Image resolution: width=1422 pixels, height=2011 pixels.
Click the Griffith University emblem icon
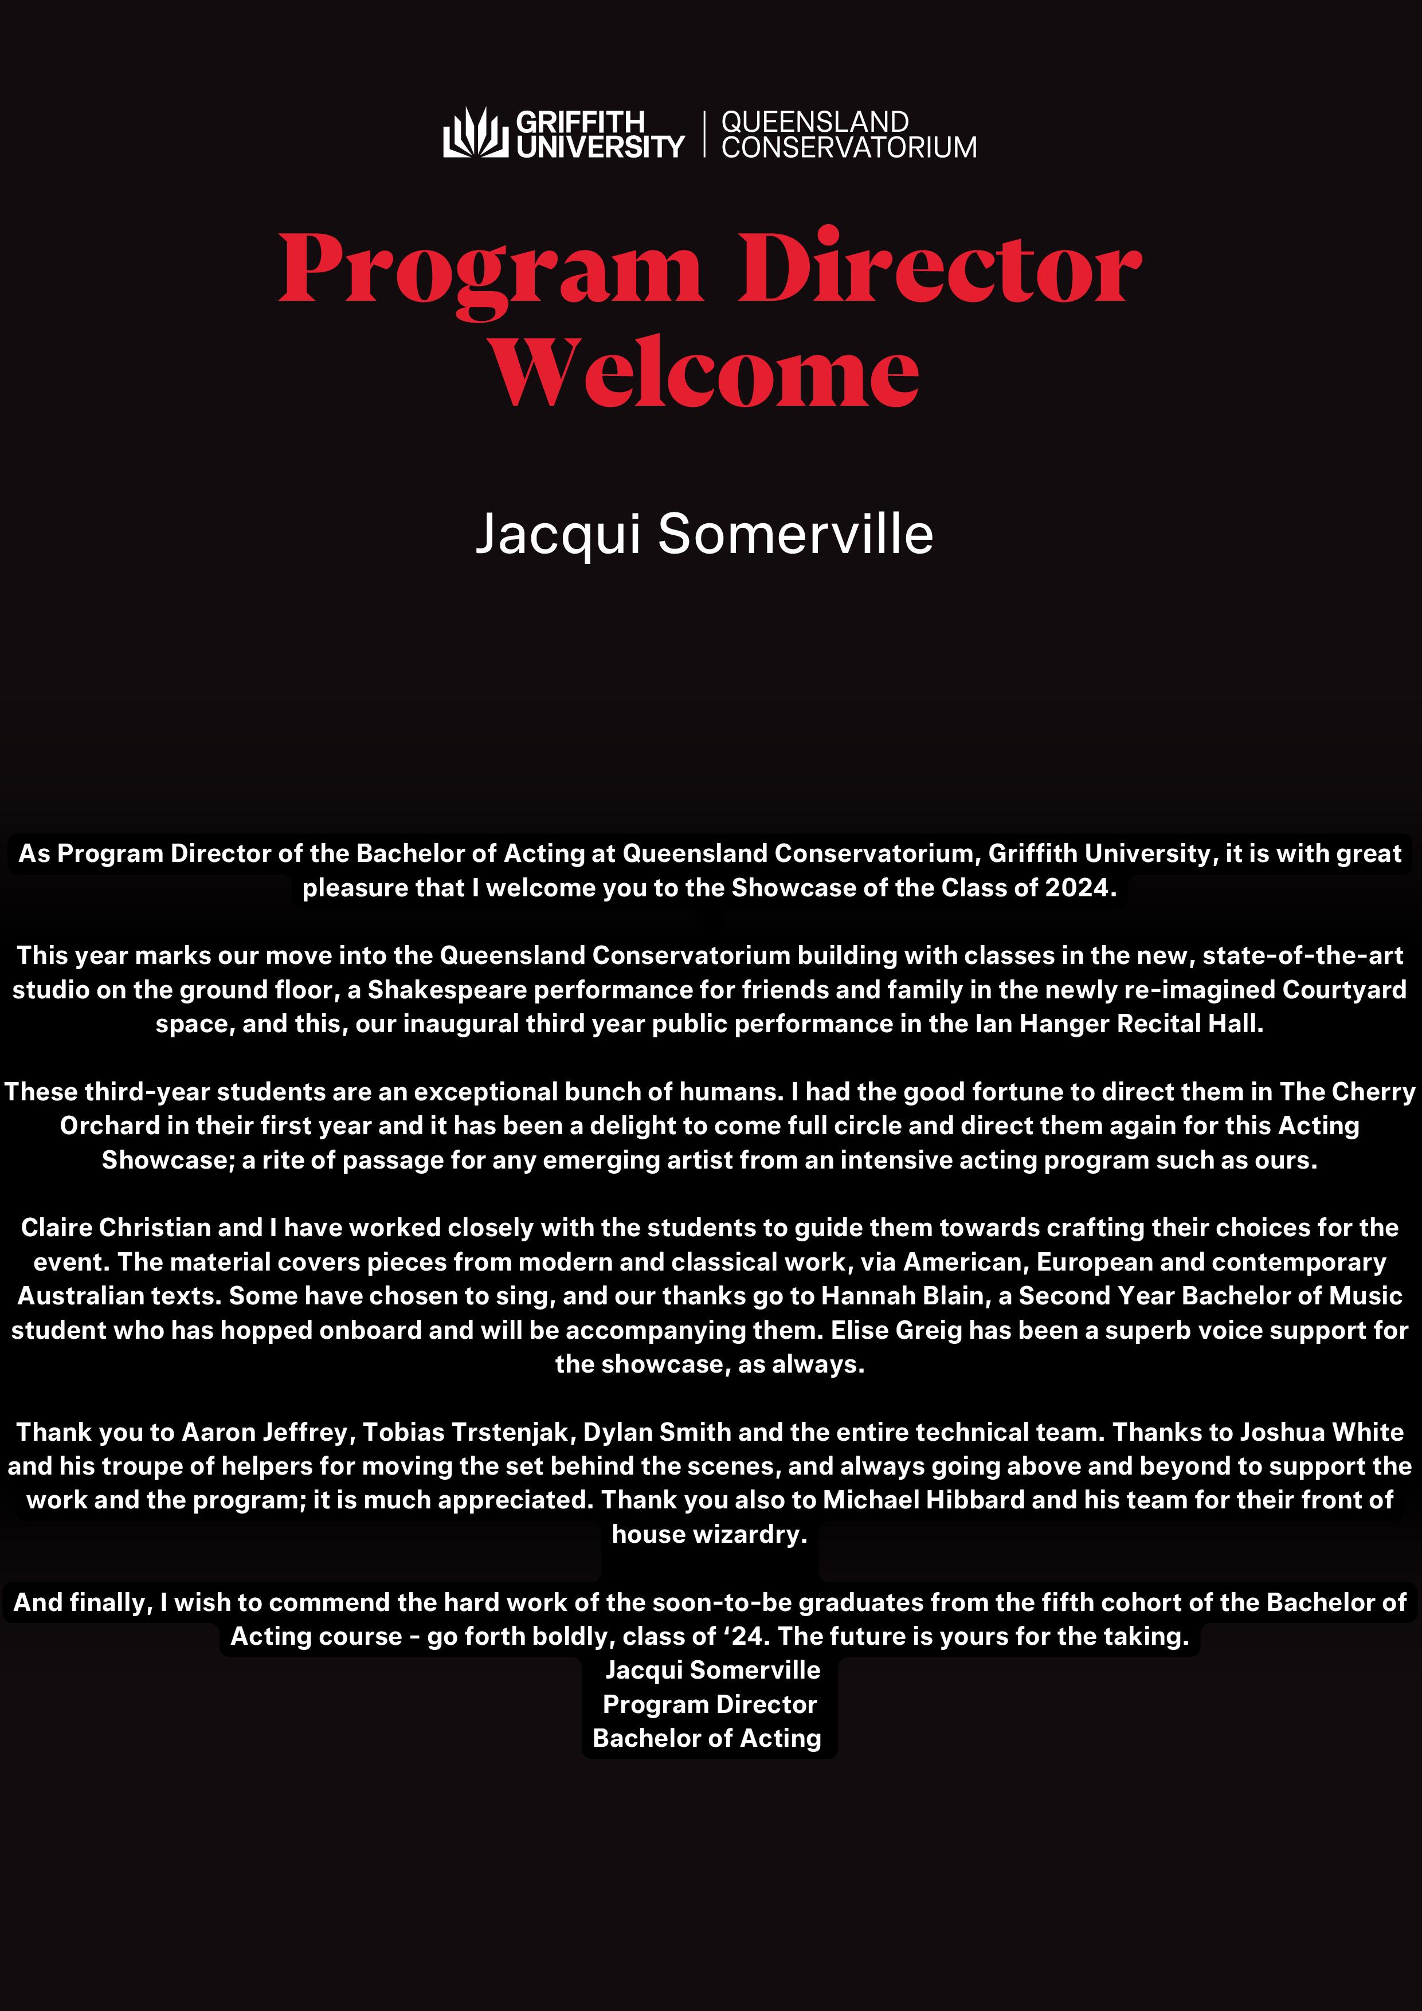(x=475, y=133)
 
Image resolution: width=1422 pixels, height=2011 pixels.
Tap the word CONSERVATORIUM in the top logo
(x=848, y=147)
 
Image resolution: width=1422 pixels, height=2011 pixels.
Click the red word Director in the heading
(x=939, y=268)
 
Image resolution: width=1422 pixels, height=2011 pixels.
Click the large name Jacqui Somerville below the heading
(x=704, y=534)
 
